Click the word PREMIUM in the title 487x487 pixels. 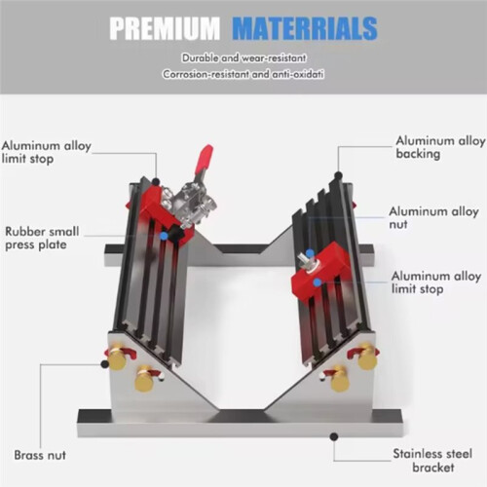(165, 28)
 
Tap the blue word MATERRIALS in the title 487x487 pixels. (305, 28)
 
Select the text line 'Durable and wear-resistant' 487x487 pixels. (243, 58)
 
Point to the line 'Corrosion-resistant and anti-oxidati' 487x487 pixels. (243, 74)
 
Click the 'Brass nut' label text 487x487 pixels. (40, 455)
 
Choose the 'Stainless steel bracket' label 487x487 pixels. (432, 461)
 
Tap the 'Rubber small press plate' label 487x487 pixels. (42, 238)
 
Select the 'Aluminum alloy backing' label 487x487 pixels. (440, 147)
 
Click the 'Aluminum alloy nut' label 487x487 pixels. (433, 217)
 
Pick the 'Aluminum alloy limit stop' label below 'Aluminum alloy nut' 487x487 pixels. (436, 282)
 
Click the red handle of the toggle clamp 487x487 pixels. (205, 158)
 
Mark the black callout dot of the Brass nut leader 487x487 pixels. (104, 364)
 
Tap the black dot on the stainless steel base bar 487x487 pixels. (334, 436)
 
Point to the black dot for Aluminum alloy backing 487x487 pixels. (338, 175)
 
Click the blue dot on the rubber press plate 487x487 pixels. (165, 236)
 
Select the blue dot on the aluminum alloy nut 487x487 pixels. (311, 253)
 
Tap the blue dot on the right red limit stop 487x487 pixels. (318, 282)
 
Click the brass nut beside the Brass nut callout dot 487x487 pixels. (118, 359)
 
